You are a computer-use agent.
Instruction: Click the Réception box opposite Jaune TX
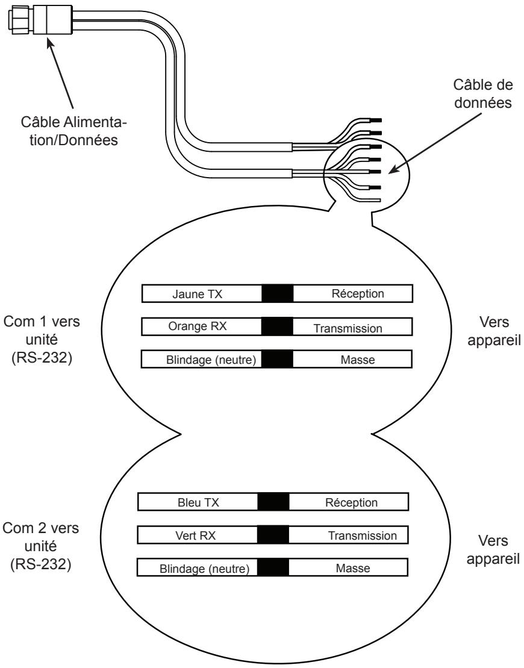click(352, 293)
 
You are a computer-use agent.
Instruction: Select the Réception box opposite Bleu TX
click(349, 502)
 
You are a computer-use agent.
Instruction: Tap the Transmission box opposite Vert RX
click(349, 535)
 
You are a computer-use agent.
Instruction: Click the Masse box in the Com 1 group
click(352, 360)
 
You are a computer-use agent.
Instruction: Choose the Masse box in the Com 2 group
click(349, 568)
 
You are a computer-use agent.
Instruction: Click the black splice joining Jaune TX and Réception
click(277, 293)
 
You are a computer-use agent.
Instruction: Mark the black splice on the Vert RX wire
click(273, 535)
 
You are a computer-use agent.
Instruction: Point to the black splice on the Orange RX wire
click(277, 326)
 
